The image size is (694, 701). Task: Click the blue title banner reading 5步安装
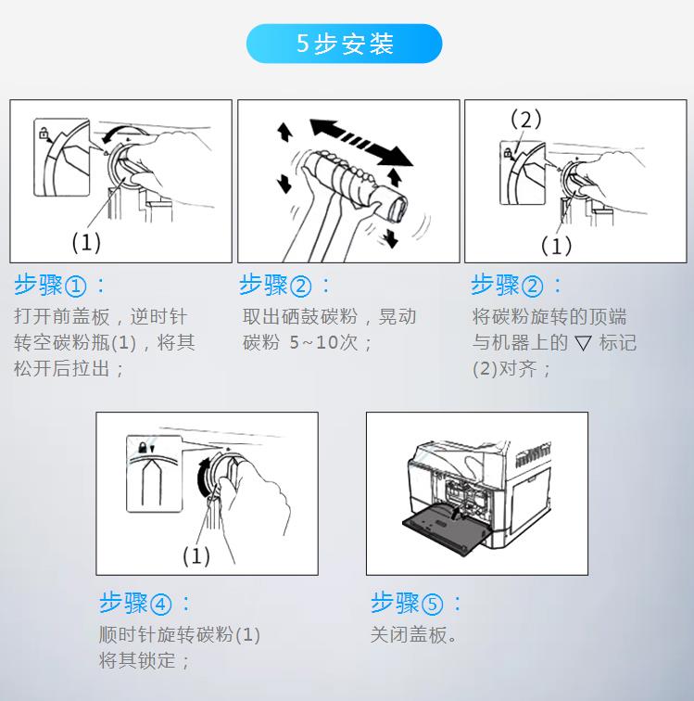click(x=344, y=44)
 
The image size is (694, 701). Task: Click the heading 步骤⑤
click(x=416, y=603)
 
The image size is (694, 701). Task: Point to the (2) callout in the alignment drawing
click(x=525, y=119)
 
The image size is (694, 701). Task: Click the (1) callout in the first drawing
click(x=86, y=242)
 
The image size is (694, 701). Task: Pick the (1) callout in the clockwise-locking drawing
click(x=196, y=555)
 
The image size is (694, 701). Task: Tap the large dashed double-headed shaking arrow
click(x=361, y=142)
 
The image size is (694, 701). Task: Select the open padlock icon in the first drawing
click(x=44, y=133)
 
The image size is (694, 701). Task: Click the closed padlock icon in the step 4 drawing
click(x=143, y=447)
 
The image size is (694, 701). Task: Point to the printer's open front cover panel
click(x=445, y=529)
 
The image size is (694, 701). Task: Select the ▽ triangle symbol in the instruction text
click(x=583, y=343)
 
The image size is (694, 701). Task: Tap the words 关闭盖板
click(x=409, y=634)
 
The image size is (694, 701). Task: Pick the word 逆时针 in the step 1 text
click(x=158, y=316)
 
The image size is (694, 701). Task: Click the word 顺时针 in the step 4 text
click(x=127, y=634)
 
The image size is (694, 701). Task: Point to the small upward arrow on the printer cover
click(x=455, y=514)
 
